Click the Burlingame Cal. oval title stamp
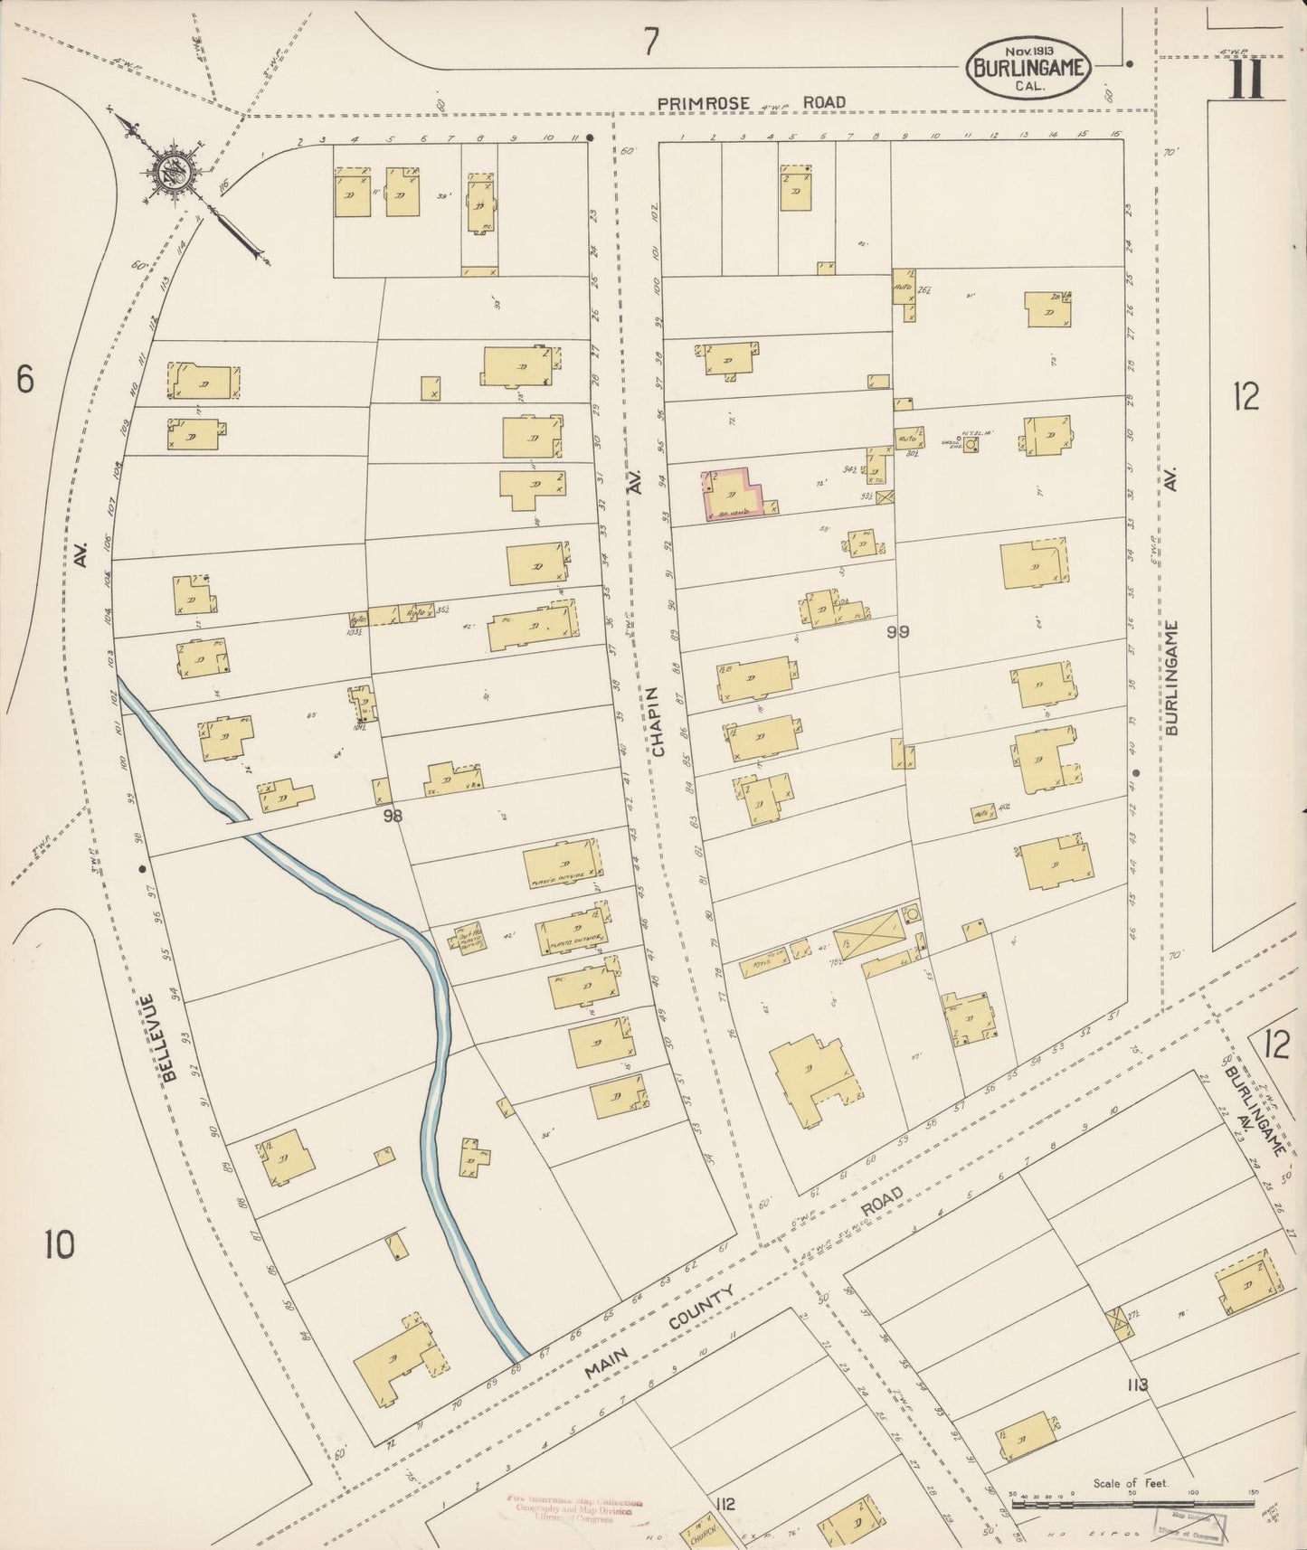(x=1030, y=68)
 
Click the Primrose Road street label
(x=751, y=103)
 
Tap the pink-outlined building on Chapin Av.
(x=734, y=495)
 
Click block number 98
(x=392, y=816)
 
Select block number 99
(x=897, y=632)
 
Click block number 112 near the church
(x=724, y=1504)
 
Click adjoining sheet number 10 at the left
(x=58, y=1246)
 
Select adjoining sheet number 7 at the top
(x=650, y=43)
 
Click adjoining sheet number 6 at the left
(x=24, y=380)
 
